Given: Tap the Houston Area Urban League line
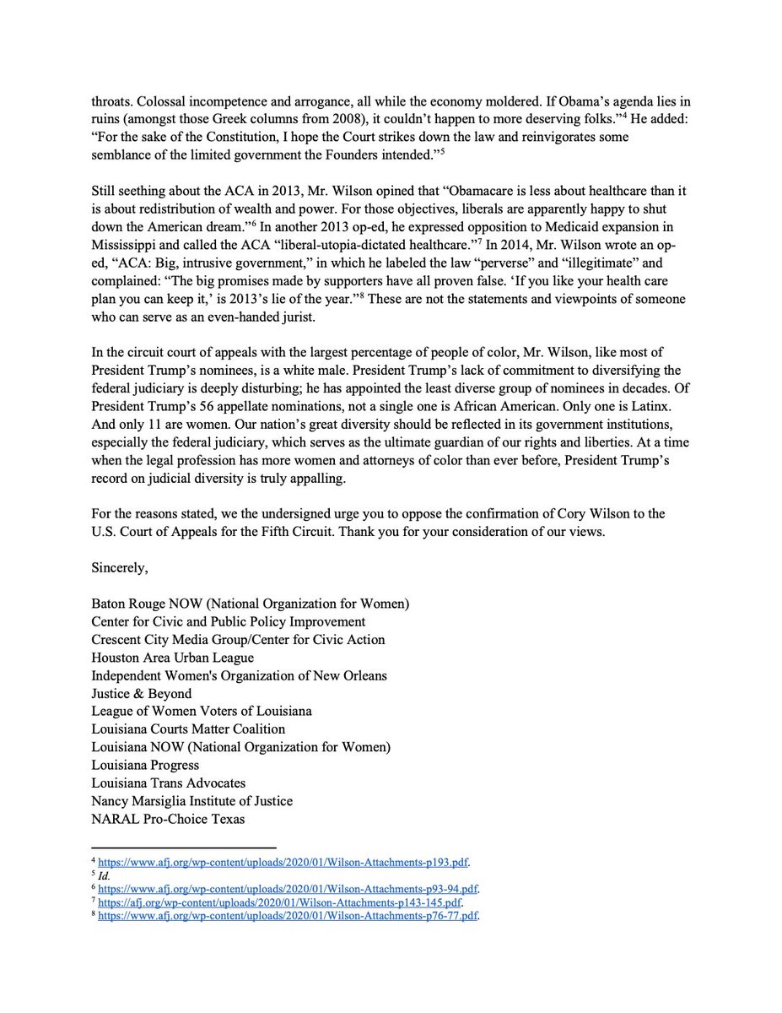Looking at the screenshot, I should [173, 657].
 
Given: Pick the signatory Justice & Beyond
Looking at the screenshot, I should [142, 693].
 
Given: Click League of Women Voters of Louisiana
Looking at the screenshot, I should [202, 711].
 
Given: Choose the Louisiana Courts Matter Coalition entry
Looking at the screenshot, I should [189, 729].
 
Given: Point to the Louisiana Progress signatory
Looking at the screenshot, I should [145, 765].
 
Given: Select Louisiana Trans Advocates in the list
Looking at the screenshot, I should [169, 783].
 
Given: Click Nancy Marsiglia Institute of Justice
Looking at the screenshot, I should [192, 800].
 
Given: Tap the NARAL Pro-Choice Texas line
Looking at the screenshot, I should [169, 818].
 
